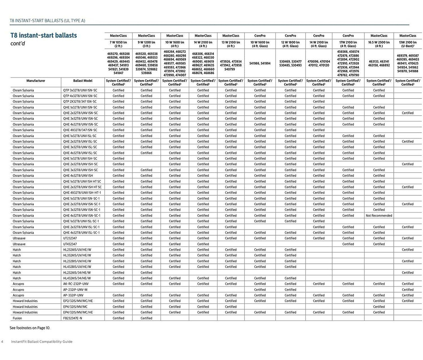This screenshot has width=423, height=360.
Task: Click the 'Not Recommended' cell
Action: (379, 215)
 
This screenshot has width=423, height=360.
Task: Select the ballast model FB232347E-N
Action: (73, 318)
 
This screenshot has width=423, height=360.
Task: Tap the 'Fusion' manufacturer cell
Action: (17, 318)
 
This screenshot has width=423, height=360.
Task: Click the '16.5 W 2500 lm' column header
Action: (379, 44)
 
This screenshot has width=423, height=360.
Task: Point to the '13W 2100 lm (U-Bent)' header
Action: (409, 44)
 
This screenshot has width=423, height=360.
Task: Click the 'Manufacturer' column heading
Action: (36, 81)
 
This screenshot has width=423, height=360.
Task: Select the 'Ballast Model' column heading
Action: (83, 81)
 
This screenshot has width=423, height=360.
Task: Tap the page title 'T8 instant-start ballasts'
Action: (43, 35)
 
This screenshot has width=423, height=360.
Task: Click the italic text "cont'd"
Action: (18, 44)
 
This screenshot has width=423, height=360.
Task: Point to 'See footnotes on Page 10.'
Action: (30, 328)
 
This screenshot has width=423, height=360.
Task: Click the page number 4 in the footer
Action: (2, 342)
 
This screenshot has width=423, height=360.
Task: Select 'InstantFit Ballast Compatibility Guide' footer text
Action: (42, 342)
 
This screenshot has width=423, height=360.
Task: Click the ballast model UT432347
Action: (70, 244)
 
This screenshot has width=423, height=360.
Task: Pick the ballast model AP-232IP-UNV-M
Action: (75, 289)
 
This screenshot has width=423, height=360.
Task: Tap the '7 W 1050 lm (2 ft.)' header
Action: (118, 44)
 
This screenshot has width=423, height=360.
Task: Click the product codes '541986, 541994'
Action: (260, 63)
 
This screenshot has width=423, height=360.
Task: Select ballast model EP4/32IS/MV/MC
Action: (75, 307)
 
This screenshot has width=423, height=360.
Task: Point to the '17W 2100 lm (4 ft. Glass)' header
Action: (348, 44)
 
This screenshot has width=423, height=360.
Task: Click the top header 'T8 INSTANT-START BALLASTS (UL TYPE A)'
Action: (47, 21)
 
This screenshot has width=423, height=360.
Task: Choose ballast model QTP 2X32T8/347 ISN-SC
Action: (80, 102)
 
